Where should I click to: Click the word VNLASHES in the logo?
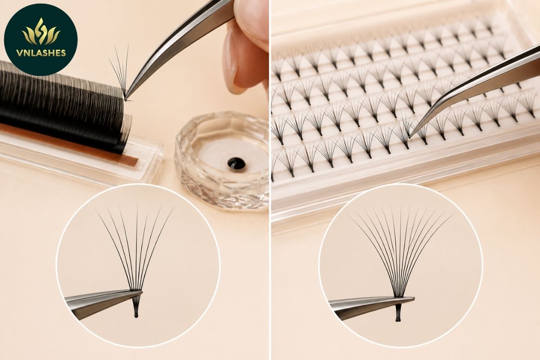click(x=41, y=53)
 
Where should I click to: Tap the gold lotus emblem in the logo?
click(x=41, y=31)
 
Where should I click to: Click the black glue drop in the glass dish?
click(x=237, y=163)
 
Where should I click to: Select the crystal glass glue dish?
click(x=222, y=160)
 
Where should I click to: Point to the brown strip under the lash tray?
click(x=70, y=144)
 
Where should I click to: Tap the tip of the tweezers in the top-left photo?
click(x=126, y=99)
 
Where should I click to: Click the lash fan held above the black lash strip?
click(x=121, y=72)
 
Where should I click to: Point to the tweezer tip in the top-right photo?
click(x=409, y=136)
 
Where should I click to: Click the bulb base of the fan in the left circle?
click(x=136, y=315)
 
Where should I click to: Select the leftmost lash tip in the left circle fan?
click(x=96, y=210)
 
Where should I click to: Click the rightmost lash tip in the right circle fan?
click(x=454, y=214)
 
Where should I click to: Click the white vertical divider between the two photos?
click(x=270, y=180)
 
